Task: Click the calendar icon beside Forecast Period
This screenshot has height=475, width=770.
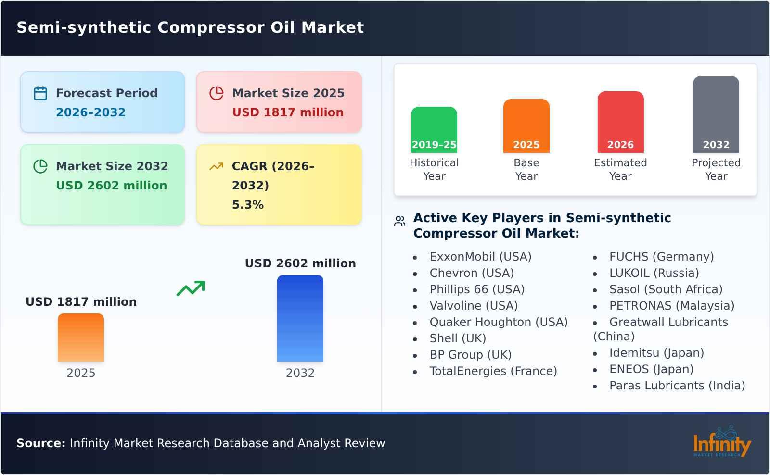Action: click(x=40, y=93)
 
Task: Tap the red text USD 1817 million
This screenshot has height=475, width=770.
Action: click(x=288, y=112)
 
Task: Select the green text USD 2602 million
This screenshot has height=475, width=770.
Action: click(x=112, y=186)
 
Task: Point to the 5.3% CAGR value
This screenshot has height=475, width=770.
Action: click(x=248, y=205)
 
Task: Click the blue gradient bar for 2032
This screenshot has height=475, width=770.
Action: click(x=300, y=318)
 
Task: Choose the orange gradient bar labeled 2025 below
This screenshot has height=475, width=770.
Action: click(x=81, y=337)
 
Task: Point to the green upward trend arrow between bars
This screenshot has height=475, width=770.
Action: click(x=191, y=288)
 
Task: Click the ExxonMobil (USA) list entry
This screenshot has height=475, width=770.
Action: click(x=480, y=257)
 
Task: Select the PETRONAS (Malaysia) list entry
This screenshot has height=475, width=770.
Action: click(x=671, y=306)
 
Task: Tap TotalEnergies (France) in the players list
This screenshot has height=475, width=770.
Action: click(x=493, y=371)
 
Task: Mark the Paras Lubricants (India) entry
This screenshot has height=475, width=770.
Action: click(x=677, y=386)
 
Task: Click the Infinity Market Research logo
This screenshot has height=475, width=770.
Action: click(x=721, y=442)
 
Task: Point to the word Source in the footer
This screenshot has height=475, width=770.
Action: click(x=40, y=443)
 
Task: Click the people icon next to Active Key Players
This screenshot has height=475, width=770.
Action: click(x=399, y=221)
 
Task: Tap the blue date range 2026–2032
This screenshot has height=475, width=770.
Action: click(x=90, y=112)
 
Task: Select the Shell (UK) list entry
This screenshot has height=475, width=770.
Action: click(x=457, y=338)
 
